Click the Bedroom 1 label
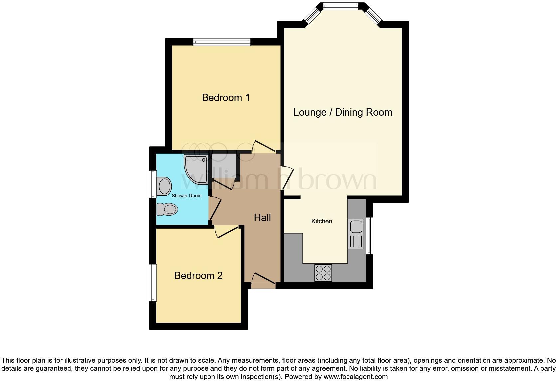point(225,98)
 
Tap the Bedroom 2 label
point(198,276)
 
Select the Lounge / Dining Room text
point(343,112)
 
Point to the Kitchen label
point(321,221)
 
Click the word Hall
point(262,218)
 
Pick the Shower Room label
point(186,196)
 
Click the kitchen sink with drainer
point(356,234)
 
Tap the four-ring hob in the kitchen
point(323,273)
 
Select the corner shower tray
point(196,169)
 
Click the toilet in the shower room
point(167,210)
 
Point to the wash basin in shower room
point(164,186)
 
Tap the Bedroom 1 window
point(221,42)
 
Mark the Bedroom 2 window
point(153,283)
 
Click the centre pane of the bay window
point(341,6)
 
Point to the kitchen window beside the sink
point(369,236)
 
